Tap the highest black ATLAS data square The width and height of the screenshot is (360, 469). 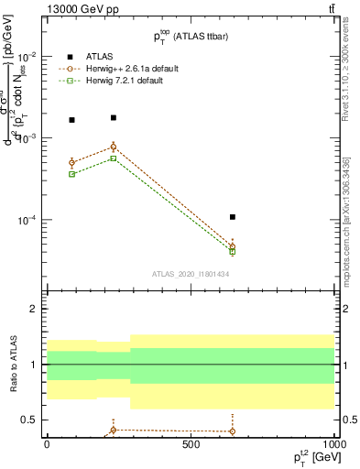pos(113,118)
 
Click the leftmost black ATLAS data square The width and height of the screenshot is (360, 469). pos(72,120)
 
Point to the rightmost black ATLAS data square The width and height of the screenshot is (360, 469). pos(233,217)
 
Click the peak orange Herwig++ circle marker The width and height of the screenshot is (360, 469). pos(113,147)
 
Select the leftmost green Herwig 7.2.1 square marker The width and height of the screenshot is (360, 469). pos(72,174)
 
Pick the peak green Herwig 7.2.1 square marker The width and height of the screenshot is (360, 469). pos(113,158)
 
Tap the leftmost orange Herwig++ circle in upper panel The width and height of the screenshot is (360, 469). pos(72,163)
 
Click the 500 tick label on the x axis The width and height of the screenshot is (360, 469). pos(190,442)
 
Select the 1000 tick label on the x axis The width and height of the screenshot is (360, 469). pos(333,442)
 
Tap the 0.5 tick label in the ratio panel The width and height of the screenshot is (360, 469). pos(31,420)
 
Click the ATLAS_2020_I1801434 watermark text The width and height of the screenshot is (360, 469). pos(190,274)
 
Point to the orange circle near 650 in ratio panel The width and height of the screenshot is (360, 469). pos(233,431)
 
